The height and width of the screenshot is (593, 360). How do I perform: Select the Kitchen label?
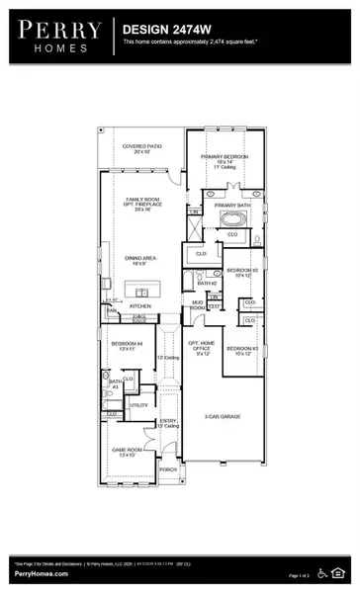coord(140,306)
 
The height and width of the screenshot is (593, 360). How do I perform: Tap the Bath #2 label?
coord(207,284)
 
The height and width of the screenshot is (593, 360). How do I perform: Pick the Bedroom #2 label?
coord(241,270)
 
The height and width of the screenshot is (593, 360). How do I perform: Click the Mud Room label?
coord(198,307)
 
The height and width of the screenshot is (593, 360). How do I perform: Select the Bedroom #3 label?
coord(241,349)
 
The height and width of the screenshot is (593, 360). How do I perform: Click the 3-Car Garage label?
coord(223,417)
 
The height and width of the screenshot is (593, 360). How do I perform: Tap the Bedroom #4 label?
coord(120,345)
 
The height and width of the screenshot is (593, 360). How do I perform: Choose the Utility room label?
coord(139,405)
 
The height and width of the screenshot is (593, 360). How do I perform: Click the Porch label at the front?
coord(168,468)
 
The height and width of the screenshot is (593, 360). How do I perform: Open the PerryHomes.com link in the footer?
coord(41,573)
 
